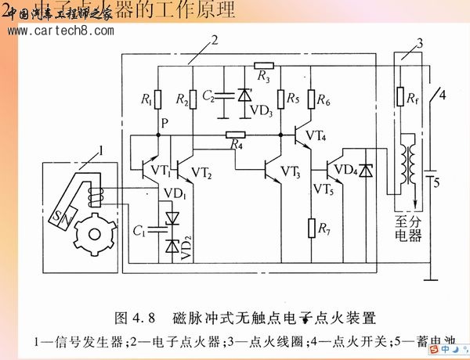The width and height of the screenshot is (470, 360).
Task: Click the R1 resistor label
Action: [146, 99]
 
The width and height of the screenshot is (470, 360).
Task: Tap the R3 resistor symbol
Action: [264, 66]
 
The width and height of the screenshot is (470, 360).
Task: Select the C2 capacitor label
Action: [208, 96]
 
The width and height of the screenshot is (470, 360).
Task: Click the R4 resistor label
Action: [235, 145]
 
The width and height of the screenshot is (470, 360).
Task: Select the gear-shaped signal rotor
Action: [92, 232]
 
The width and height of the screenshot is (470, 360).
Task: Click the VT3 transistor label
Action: [289, 171]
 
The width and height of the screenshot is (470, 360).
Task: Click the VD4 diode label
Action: [344, 167]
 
